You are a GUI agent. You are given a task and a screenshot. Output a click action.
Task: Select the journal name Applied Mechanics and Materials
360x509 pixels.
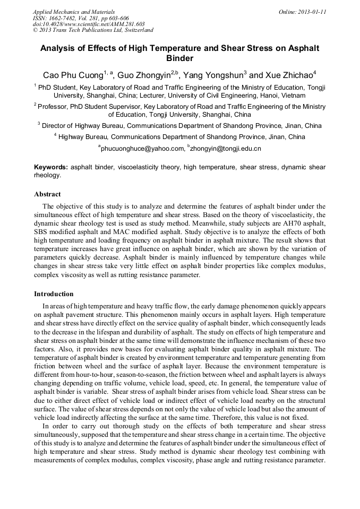(x=74, y=12)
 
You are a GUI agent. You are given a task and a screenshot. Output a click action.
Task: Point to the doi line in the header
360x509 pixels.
(x=89, y=24)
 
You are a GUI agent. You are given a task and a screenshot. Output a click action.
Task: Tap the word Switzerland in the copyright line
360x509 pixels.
(x=135, y=30)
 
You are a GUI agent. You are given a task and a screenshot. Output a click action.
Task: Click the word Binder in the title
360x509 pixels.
(x=180, y=58)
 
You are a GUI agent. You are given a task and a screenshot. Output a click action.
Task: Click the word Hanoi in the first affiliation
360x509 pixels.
(x=252, y=96)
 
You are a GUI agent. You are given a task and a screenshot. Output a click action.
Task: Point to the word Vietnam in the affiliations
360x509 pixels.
(x=278, y=96)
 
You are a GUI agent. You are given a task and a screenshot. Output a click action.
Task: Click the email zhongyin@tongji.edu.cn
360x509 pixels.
(x=226, y=149)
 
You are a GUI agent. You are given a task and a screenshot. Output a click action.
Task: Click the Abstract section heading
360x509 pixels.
(x=47, y=194)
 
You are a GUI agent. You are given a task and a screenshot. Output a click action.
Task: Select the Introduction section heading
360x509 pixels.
(x=54, y=294)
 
